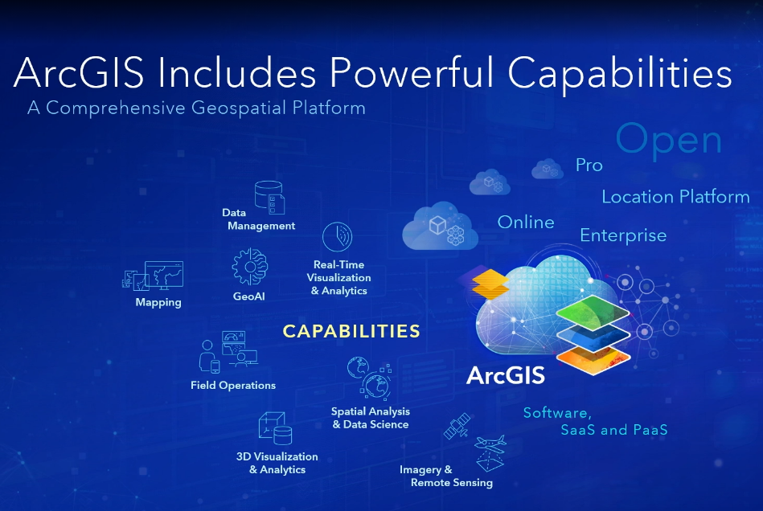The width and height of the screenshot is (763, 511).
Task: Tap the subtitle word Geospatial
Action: point(238,108)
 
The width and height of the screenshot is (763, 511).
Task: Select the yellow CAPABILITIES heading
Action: point(351,331)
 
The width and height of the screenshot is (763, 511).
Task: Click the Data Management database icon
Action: point(269,198)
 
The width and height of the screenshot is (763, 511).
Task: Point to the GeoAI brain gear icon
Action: point(249,267)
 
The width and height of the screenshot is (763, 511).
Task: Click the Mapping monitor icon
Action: point(153,276)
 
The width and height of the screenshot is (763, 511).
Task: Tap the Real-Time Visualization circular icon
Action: point(337,237)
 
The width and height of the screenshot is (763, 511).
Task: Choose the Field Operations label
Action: point(233,385)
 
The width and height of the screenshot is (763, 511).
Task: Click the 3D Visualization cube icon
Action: point(275,428)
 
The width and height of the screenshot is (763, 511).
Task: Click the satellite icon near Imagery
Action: point(457,426)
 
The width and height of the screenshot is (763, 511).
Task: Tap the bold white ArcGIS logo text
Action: point(506,376)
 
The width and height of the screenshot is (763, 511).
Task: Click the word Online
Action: point(526,223)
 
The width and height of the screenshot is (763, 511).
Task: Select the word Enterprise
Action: point(623,235)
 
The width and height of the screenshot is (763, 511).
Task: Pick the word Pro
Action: point(589,166)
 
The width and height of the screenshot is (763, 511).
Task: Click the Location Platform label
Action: point(675,196)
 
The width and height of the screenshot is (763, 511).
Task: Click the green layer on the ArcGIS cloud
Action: point(593,313)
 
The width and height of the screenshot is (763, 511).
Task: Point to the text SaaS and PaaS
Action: point(614,430)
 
